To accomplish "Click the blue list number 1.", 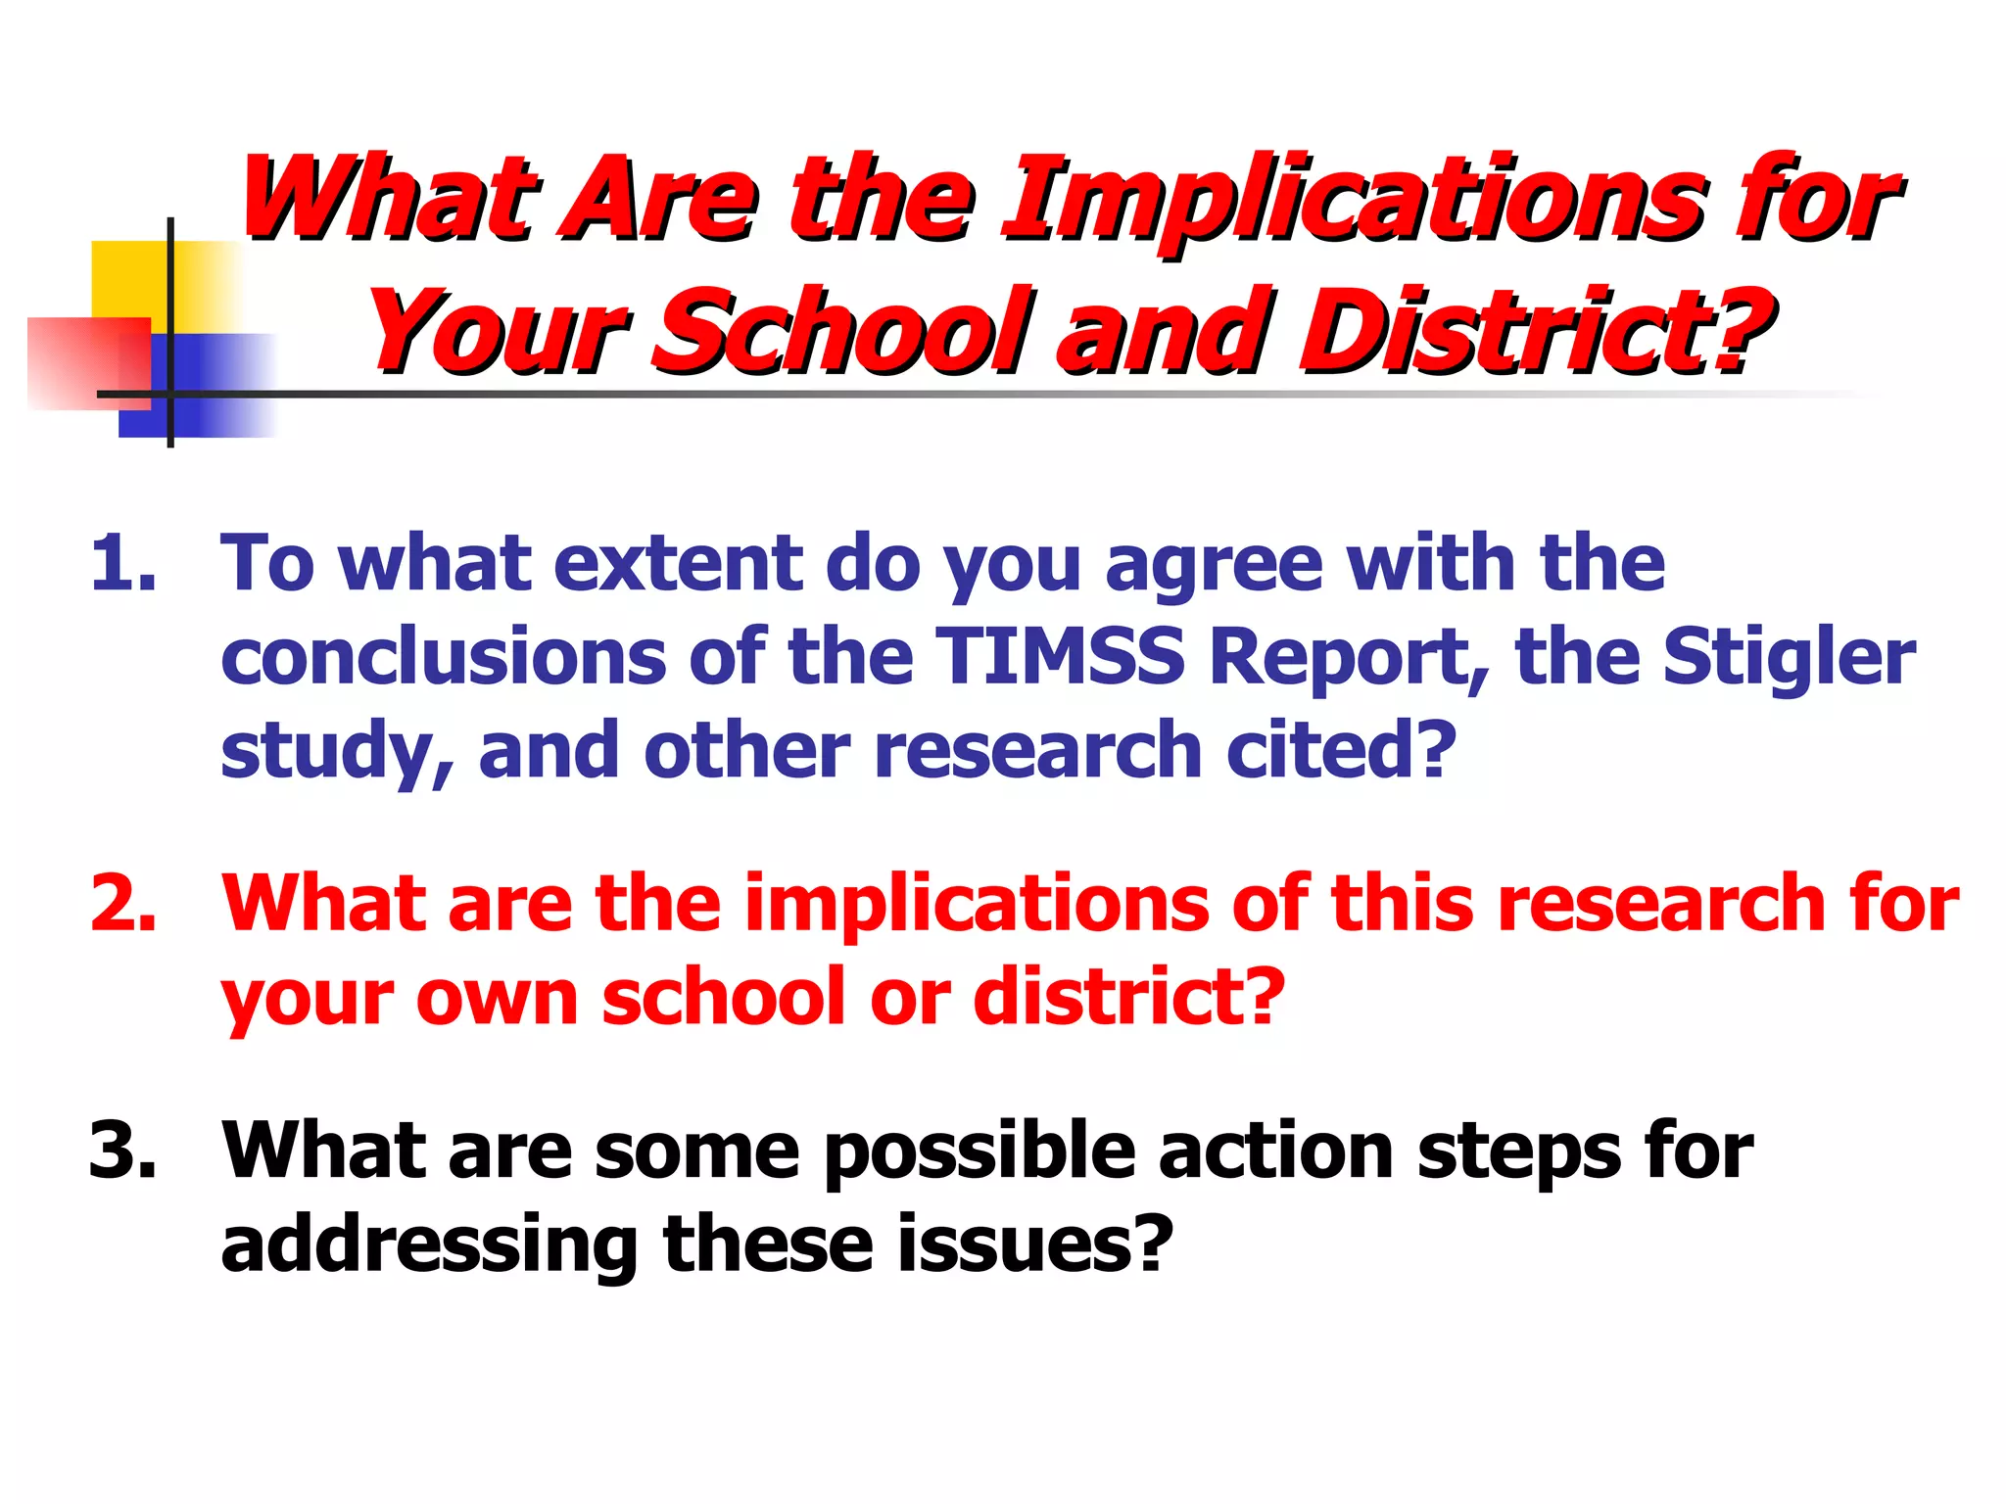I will [122, 564].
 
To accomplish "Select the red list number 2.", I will [122, 903].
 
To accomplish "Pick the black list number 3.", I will [122, 1150].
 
